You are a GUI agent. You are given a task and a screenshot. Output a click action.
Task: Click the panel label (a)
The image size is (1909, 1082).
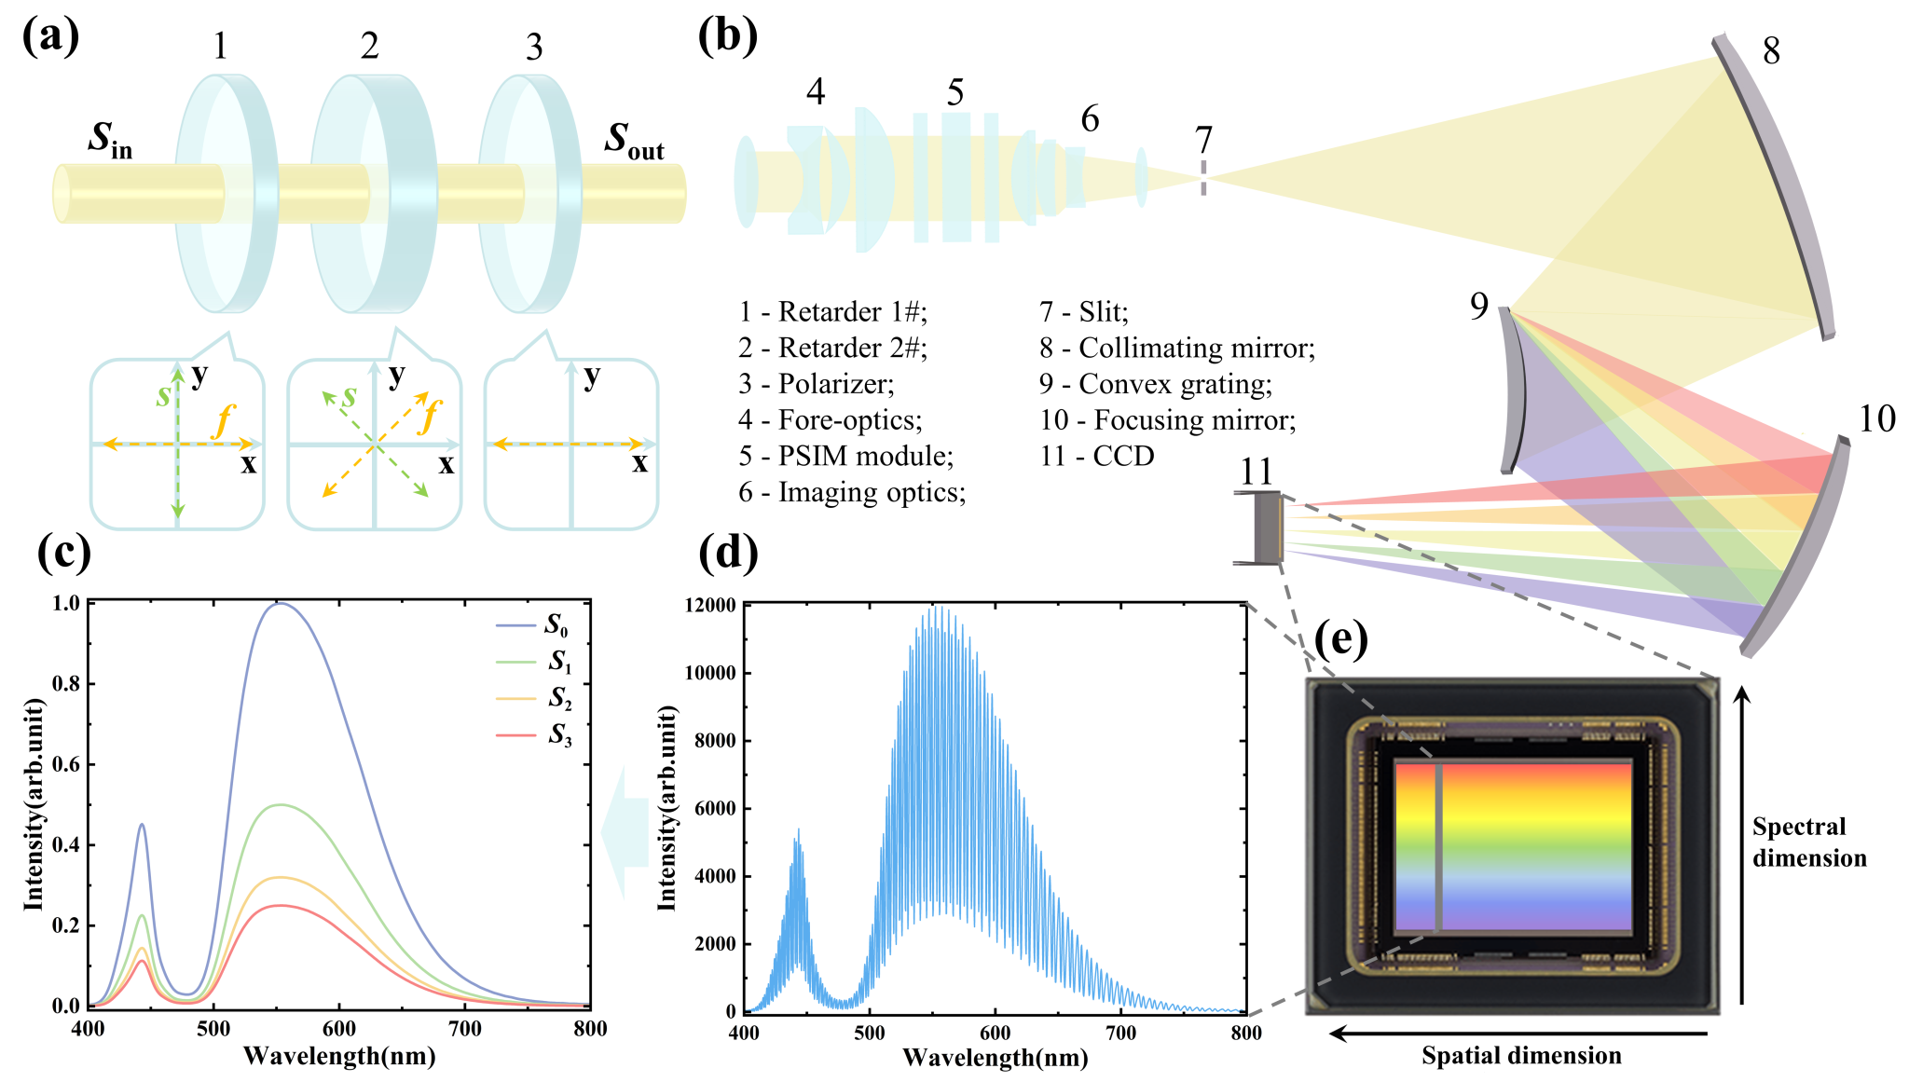pyautogui.click(x=50, y=37)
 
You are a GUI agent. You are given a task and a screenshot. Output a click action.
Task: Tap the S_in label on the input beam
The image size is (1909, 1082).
pyautogui.click(x=110, y=139)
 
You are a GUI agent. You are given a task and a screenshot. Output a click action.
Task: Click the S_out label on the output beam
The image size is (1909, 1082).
pyautogui.click(x=634, y=141)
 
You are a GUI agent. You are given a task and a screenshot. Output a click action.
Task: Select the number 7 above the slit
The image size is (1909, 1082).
pyautogui.click(x=1203, y=141)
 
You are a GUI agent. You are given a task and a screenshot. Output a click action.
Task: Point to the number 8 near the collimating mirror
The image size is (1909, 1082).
pyautogui.click(x=1771, y=50)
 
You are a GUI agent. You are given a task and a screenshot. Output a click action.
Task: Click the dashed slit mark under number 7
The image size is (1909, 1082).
pyautogui.click(x=1203, y=178)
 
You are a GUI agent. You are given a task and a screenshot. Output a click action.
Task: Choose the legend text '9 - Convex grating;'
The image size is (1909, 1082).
pyautogui.click(x=1156, y=384)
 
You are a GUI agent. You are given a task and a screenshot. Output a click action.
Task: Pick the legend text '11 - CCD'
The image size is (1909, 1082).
pyautogui.click(x=1097, y=456)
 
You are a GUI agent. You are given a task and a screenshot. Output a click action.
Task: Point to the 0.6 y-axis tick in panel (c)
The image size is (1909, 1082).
pyautogui.click(x=66, y=764)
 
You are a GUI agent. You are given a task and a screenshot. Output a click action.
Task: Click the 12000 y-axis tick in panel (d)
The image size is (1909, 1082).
pyautogui.click(x=710, y=606)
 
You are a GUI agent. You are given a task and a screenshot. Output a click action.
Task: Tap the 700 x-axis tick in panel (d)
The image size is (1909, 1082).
pyautogui.click(x=1120, y=1033)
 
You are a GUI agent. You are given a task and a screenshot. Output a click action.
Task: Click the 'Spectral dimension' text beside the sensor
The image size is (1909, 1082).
pyautogui.click(x=1808, y=842)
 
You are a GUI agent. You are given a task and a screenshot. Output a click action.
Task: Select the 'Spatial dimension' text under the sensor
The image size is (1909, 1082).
pyautogui.click(x=1521, y=1056)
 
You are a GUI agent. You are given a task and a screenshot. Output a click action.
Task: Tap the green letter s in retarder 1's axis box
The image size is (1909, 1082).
pyautogui.click(x=163, y=396)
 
